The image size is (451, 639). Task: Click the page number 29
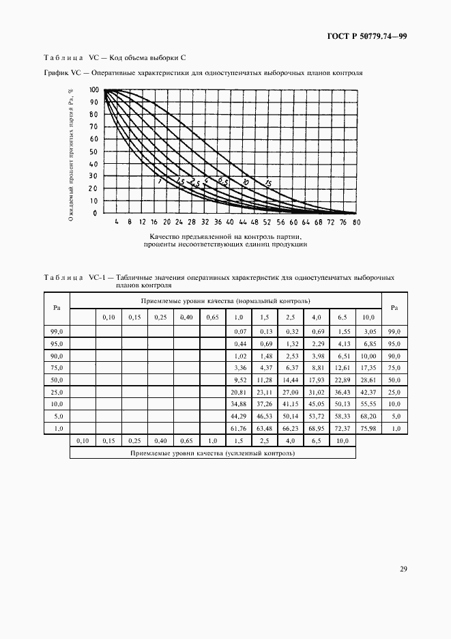[403, 569]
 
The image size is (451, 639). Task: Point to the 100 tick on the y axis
[93, 89]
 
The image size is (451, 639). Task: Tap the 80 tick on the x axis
[357, 223]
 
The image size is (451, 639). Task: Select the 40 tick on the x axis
[230, 223]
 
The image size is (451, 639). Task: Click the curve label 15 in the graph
[268, 183]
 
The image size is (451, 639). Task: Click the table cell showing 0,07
[239, 331]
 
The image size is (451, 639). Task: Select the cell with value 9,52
[239, 379]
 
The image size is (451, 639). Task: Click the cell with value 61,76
[239, 427]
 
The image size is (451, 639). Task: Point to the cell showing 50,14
[291, 415]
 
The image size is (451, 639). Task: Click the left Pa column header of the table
[57, 308]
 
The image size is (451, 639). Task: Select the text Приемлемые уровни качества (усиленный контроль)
[212, 453]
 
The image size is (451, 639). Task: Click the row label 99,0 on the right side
[394, 331]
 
